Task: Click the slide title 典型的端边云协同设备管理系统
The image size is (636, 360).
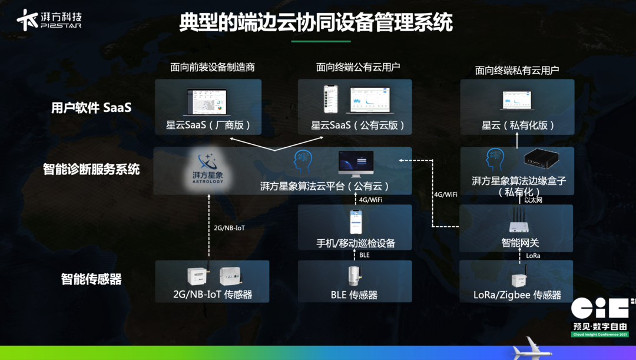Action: click(316, 23)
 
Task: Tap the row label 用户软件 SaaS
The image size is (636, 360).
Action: click(91, 108)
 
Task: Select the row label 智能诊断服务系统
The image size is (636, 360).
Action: click(91, 170)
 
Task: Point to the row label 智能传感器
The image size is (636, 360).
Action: click(91, 279)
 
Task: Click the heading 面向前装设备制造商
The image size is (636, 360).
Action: click(213, 67)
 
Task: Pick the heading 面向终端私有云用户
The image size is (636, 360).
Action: click(516, 71)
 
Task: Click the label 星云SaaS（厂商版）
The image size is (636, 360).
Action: click(208, 125)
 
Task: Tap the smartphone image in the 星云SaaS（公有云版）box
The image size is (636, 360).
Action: click(331, 99)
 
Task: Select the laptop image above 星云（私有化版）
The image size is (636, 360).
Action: click(516, 100)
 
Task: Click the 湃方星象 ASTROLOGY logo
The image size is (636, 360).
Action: click(208, 169)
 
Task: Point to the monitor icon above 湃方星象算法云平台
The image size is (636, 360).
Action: click(356, 163)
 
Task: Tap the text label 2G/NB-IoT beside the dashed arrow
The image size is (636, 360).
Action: click(229, 228)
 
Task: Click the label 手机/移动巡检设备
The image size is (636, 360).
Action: click(355, 243)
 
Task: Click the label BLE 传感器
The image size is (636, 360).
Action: click(354, 295)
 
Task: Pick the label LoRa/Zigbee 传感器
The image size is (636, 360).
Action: click(517, 295)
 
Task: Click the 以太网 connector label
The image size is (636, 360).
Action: click(533, 200)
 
